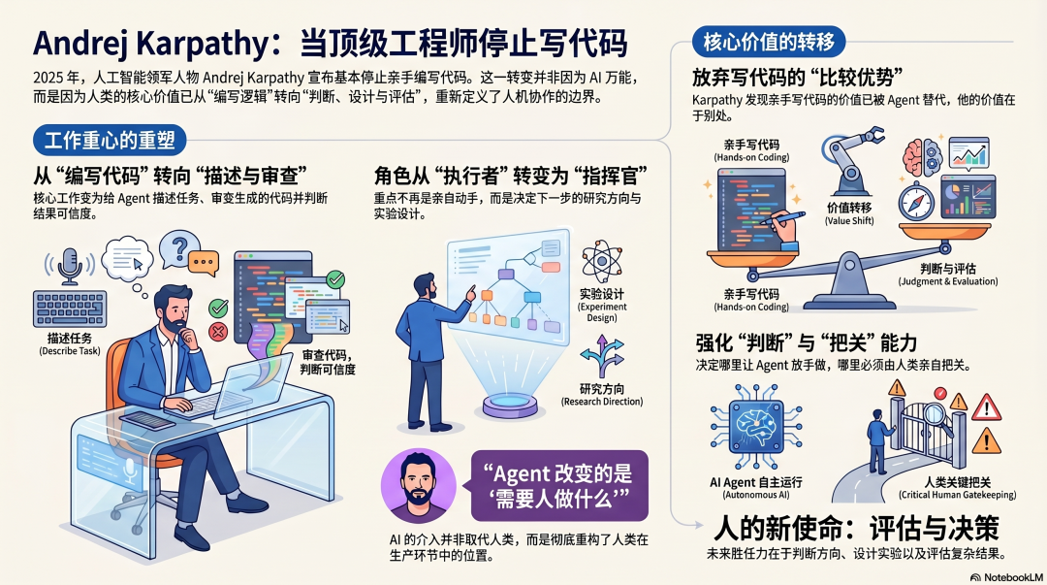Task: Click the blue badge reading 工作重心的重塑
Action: (x=110, y=140)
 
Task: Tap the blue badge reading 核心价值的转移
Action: (x=770, y=43)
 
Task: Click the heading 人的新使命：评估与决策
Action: (x=856, y=528)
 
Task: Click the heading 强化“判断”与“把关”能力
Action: (x=806, y=343)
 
